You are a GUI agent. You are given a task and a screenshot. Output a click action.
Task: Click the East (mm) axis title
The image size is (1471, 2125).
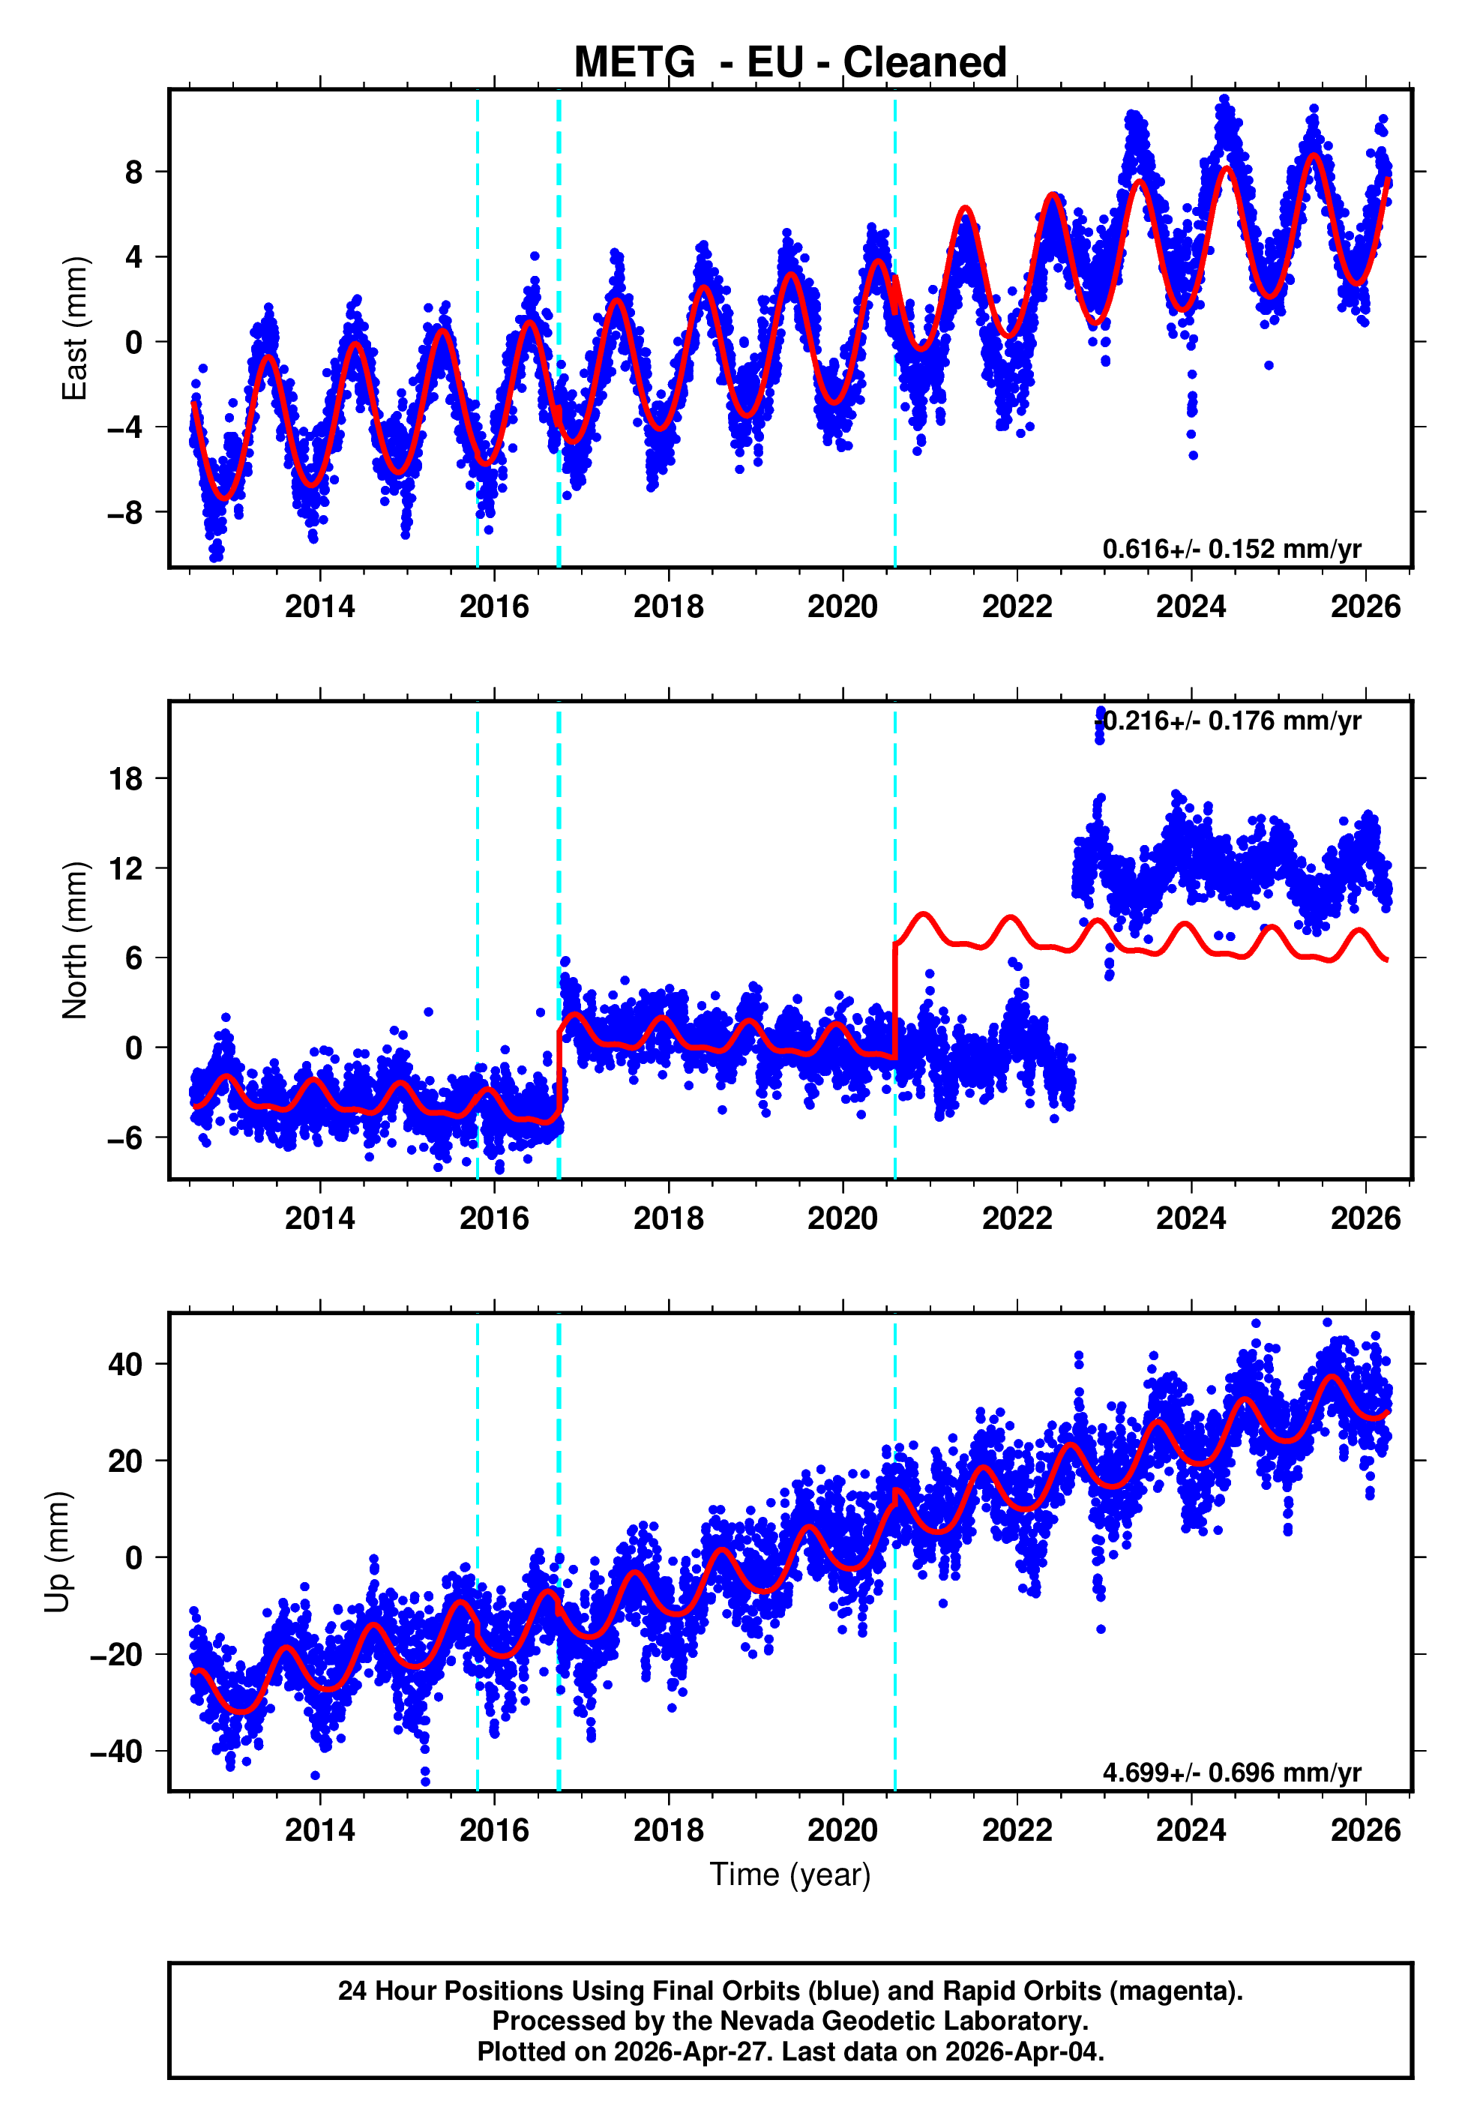pyautogui.click(x=75, y=328)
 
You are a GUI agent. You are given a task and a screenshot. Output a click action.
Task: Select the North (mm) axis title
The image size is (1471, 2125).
pyautogui.click(x=75, y=940)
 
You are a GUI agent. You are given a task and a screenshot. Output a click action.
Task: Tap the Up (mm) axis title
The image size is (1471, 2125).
pyautogui.click(x=57, y=1552)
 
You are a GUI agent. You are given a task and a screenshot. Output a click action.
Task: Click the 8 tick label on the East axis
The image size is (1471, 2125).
pyautogui.click(x=134, y=172)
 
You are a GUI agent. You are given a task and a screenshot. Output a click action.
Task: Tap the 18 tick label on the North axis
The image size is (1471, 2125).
pyautogui.click(x=126, y=778)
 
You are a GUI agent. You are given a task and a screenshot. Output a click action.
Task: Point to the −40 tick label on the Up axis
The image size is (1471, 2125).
pyautogui.click(x=117, y=1751)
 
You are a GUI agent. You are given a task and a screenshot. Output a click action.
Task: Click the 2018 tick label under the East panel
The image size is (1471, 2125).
pyautogui.click(x=668, y=607)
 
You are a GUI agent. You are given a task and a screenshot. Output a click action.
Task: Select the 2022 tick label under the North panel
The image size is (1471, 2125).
pyautogui.click(x=1017, y=1218)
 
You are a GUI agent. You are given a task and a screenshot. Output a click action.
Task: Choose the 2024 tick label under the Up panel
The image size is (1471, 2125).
pyautogui.click(x=1191, y=1830)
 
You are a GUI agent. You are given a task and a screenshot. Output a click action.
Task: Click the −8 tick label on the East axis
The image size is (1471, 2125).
pyautogui.click(x=126, y=512)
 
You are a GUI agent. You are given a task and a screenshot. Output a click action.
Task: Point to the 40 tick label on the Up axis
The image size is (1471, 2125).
pyautogui.click(x=126, y=1364)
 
